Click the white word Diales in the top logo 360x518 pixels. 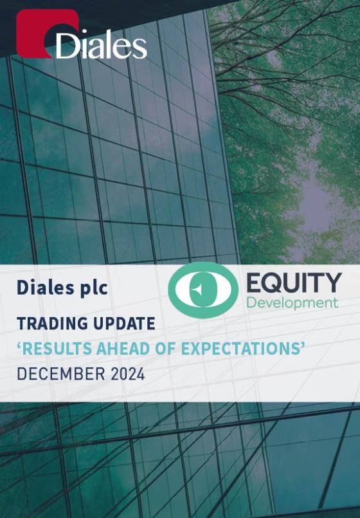(102, 46)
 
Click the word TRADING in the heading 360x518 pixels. (53, 324)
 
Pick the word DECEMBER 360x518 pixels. (61, 374)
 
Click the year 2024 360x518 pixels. (128, 374)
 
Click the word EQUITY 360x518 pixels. (294, 282)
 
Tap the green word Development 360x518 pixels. (292, 303)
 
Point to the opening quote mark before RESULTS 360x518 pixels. (19, 346)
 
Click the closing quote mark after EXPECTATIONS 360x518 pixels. (301, 346)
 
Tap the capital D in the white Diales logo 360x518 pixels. (67, 46)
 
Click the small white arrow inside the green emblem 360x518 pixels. (197, 290)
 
